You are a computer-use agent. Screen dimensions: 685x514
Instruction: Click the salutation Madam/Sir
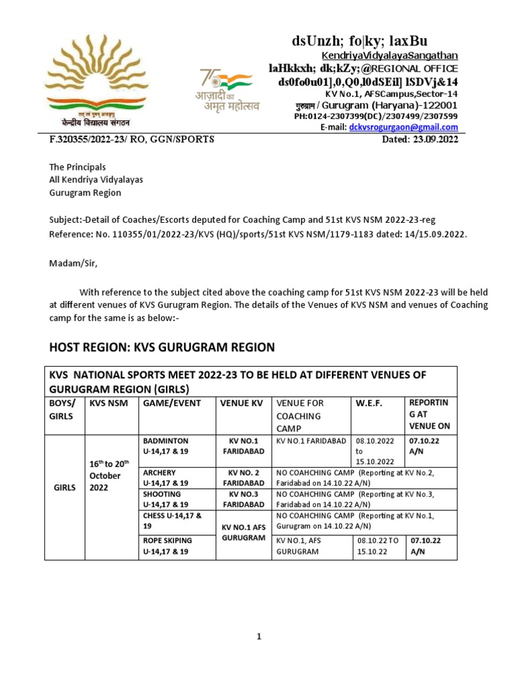tap(74, 263)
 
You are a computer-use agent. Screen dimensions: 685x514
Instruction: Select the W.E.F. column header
tap(368, 403)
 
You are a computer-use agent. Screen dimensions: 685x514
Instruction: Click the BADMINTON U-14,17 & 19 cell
tap(165, 446)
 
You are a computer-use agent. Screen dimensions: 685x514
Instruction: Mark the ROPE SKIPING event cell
tap(165, 545)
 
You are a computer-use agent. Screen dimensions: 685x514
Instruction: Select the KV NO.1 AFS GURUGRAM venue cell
tap(240, 532)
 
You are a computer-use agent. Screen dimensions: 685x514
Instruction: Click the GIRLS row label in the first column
tap(63, 487)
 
